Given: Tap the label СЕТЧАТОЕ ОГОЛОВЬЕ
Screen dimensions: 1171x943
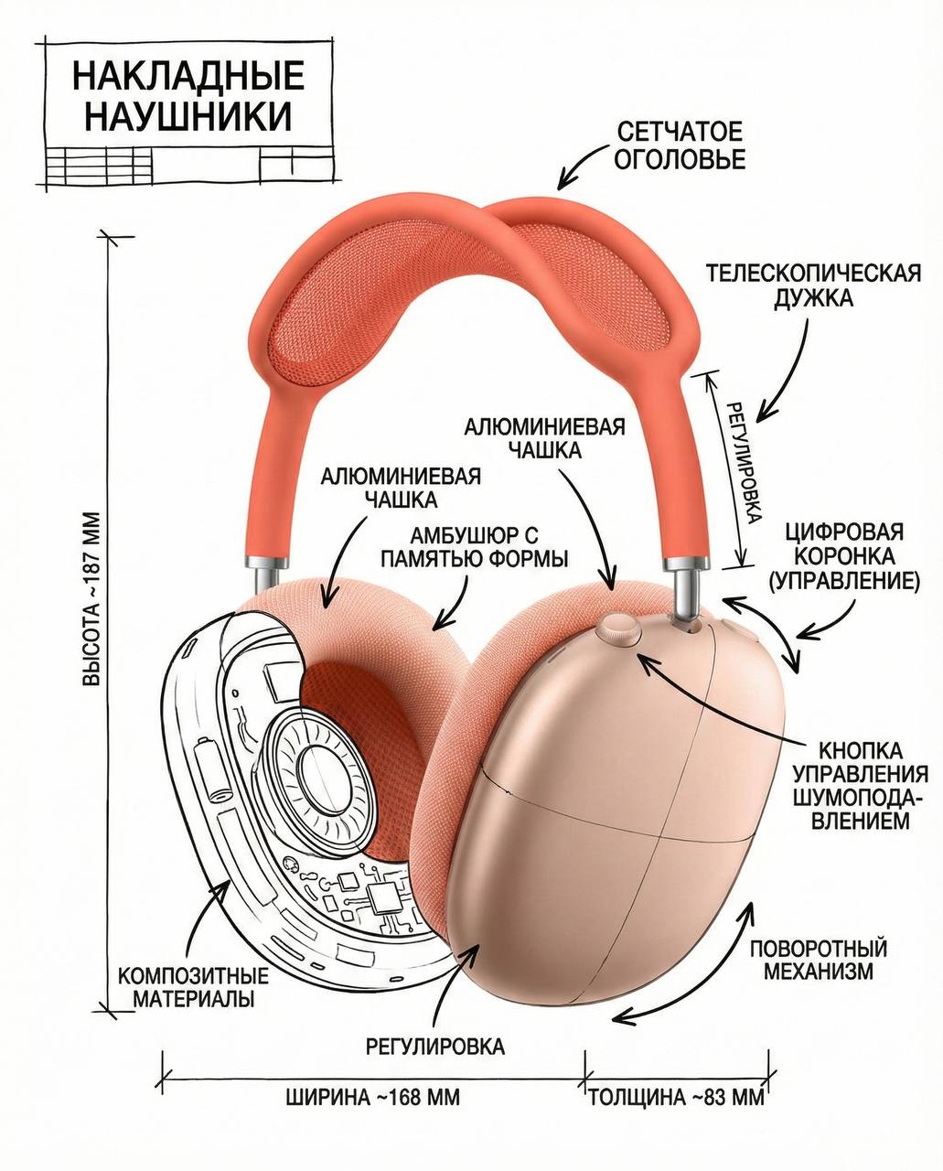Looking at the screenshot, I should (679, 145).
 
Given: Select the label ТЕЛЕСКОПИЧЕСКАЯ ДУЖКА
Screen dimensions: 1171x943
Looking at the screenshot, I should (812, 285).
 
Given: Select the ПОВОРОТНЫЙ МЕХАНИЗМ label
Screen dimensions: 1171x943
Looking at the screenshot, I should (819, 960).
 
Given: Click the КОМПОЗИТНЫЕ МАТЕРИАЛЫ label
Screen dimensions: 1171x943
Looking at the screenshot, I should (194, 986).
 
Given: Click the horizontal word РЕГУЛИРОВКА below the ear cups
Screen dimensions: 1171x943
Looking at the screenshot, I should (435, 1046).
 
